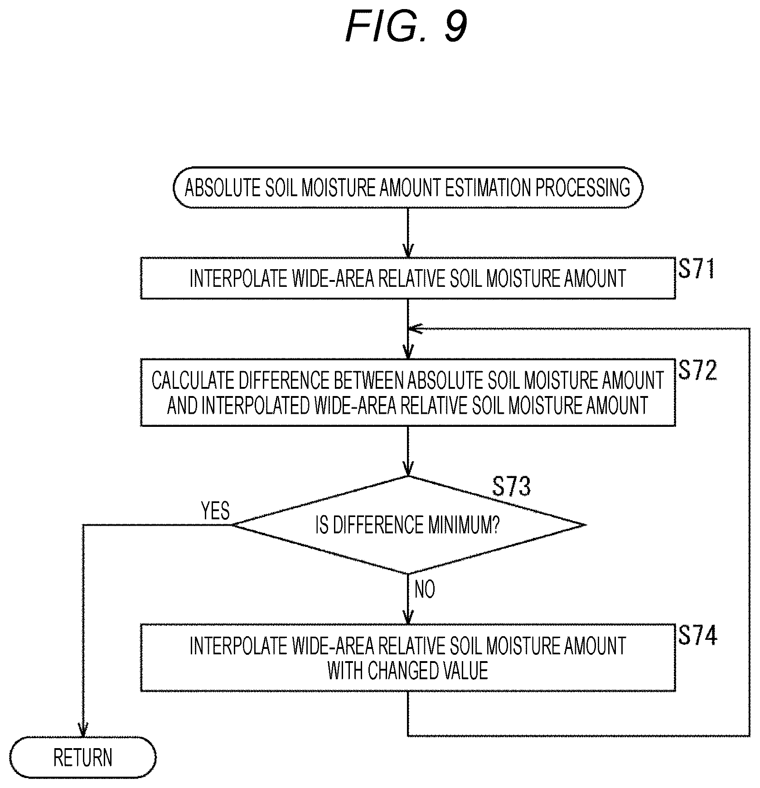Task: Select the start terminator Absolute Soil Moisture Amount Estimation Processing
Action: [x=407, y=188]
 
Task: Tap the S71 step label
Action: [x=696, y=269]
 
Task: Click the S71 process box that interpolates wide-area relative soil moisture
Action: [x=407, y=278]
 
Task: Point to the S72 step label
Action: [x=697, y=370]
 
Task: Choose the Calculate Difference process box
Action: [x=407, y=392]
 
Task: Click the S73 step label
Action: [x=511, y=487]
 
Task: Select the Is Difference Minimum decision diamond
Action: [x=408, y=525]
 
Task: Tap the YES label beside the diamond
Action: [x=215, y=511]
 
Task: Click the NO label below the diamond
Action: [x=425, y=590]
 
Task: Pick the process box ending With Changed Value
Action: [x=407, y=658]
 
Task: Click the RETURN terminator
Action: [x=83, y=758]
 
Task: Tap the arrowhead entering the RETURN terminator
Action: [x=83, y=729]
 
